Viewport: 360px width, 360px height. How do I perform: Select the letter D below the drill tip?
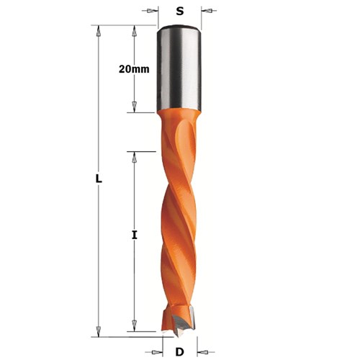click(179, 351)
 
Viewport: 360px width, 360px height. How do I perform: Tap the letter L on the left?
click(99, 179)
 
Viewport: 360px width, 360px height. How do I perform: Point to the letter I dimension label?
click(135, 234)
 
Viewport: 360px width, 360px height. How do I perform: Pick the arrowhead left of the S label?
click(153, 11)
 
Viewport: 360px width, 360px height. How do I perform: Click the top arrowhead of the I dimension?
click(133, 156)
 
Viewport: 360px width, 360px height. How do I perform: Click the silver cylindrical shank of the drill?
click(179, 72)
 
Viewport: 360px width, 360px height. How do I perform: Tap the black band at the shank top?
click(179, 29)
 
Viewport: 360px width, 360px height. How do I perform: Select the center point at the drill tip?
click(179, 333)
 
